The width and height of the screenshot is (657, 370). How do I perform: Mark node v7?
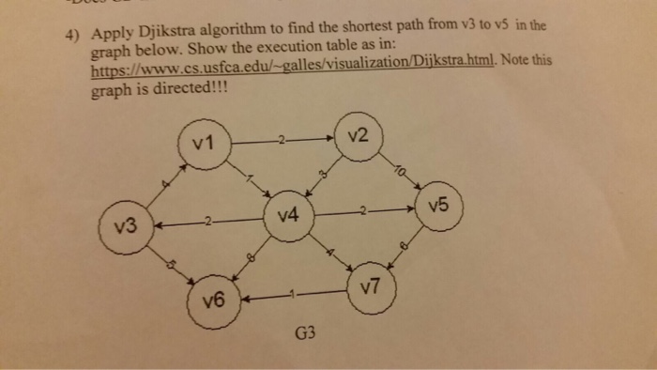(371, 288)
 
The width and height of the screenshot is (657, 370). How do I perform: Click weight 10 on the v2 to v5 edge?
(402, 174)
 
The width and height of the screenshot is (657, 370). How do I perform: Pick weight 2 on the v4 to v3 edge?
(208, 222)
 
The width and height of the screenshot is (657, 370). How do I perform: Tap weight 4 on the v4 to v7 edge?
(329, 252)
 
